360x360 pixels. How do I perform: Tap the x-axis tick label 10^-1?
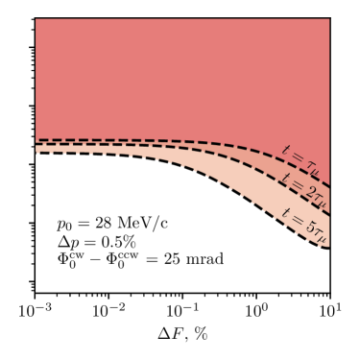(182, 314)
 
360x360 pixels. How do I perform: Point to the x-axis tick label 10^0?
(257, 314)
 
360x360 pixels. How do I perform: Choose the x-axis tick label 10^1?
(330, 314)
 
